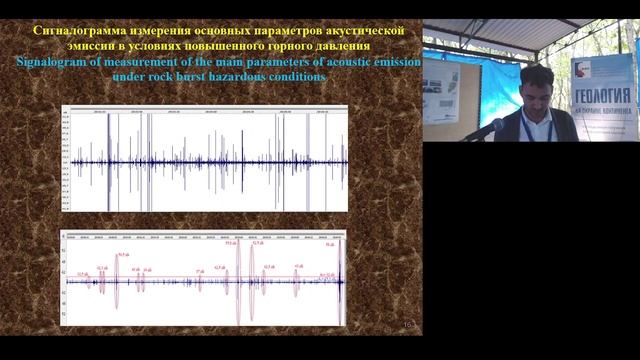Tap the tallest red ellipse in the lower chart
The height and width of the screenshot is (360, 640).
coord(238,282)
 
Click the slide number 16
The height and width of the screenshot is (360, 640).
coord(407,325)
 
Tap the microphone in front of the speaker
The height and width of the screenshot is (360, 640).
coord(484,130)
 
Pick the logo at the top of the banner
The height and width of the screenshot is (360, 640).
coord(583,68)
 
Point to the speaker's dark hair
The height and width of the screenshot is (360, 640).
coord(536,74)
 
